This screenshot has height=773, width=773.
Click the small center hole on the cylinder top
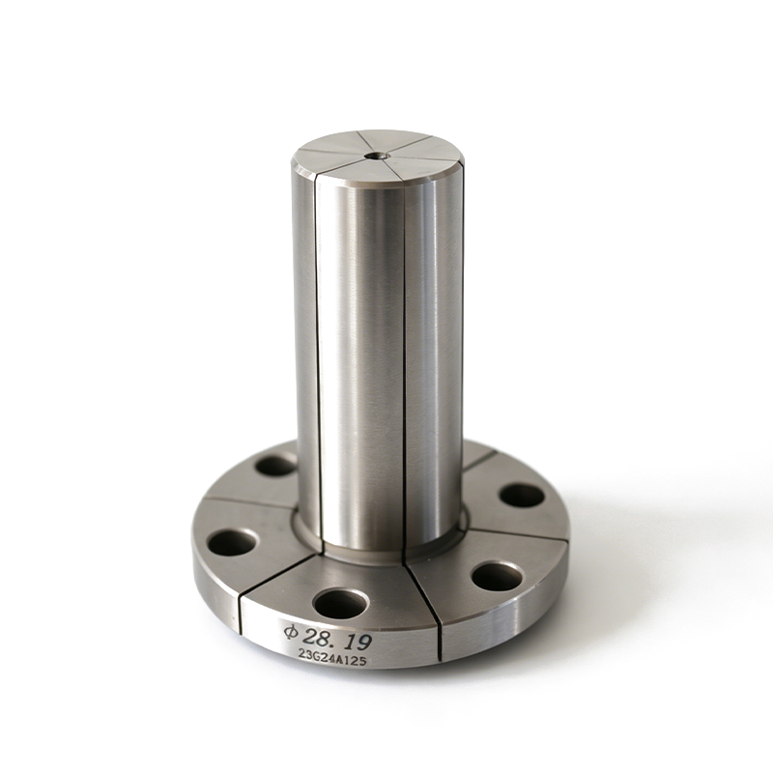pyautogui.click(x=378, y=156)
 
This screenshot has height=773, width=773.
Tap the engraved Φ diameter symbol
pyautogui.click(x=292, y=632)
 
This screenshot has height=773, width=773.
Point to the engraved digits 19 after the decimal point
pyautogui.click(x=358, y=642)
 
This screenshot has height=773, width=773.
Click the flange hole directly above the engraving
pyautogui.click(x=342, y=604)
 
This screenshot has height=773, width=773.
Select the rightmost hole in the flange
pyautogui.click(x=522, y=496)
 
